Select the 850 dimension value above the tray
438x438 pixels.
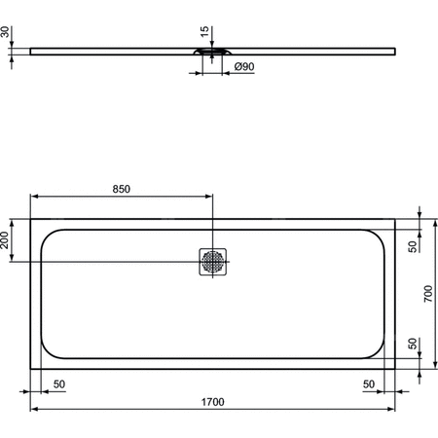[120, 189]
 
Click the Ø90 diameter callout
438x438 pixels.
[244, 66]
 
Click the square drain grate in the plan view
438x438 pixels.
[212, 261]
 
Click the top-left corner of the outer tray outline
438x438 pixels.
[31, 219]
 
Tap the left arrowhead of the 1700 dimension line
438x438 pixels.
[34, 409]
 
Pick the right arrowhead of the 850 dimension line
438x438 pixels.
[209, 197]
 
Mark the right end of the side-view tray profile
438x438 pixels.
[394, 49]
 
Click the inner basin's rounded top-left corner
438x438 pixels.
[49, 235]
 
